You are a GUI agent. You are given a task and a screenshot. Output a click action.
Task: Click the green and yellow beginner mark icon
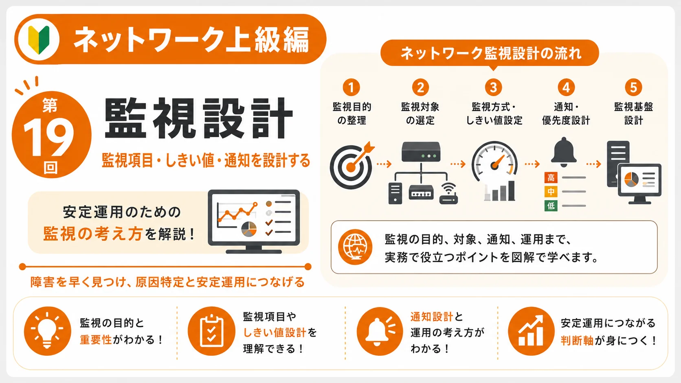[x=39, y=39]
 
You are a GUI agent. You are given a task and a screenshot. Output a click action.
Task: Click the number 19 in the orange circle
[x=48, y=137]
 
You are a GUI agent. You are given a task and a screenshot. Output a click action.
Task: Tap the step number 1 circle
[x=351, y=88]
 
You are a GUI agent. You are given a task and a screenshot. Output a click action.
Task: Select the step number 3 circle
[x=493, y=88]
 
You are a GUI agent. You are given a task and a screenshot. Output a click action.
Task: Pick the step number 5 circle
[x=633, y=88]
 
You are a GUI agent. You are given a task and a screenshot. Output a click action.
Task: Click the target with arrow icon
[x=352, y=165]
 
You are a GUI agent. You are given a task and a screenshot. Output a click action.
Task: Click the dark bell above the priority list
[x=564, y=152]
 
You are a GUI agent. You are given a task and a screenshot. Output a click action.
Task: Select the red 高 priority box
[x=551, y=178]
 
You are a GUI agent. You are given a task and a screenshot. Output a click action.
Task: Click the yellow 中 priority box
[x=551, y=192]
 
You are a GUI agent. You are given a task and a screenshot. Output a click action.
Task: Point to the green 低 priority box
[x=551, y=206]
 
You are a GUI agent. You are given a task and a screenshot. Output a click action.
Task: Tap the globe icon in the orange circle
[x=355, y=247]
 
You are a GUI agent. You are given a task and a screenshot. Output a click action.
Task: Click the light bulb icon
[x=47, y=330]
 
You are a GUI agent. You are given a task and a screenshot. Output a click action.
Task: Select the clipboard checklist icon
[x=212, y=331]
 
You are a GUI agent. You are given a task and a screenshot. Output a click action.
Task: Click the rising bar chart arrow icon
[x=531, y=330]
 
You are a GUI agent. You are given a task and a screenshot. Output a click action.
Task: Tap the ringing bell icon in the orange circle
[x=380, y=331]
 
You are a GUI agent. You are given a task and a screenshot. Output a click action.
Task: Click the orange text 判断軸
[x=577, y=341]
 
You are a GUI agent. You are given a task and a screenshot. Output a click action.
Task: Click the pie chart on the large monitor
[x=249, y=229]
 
